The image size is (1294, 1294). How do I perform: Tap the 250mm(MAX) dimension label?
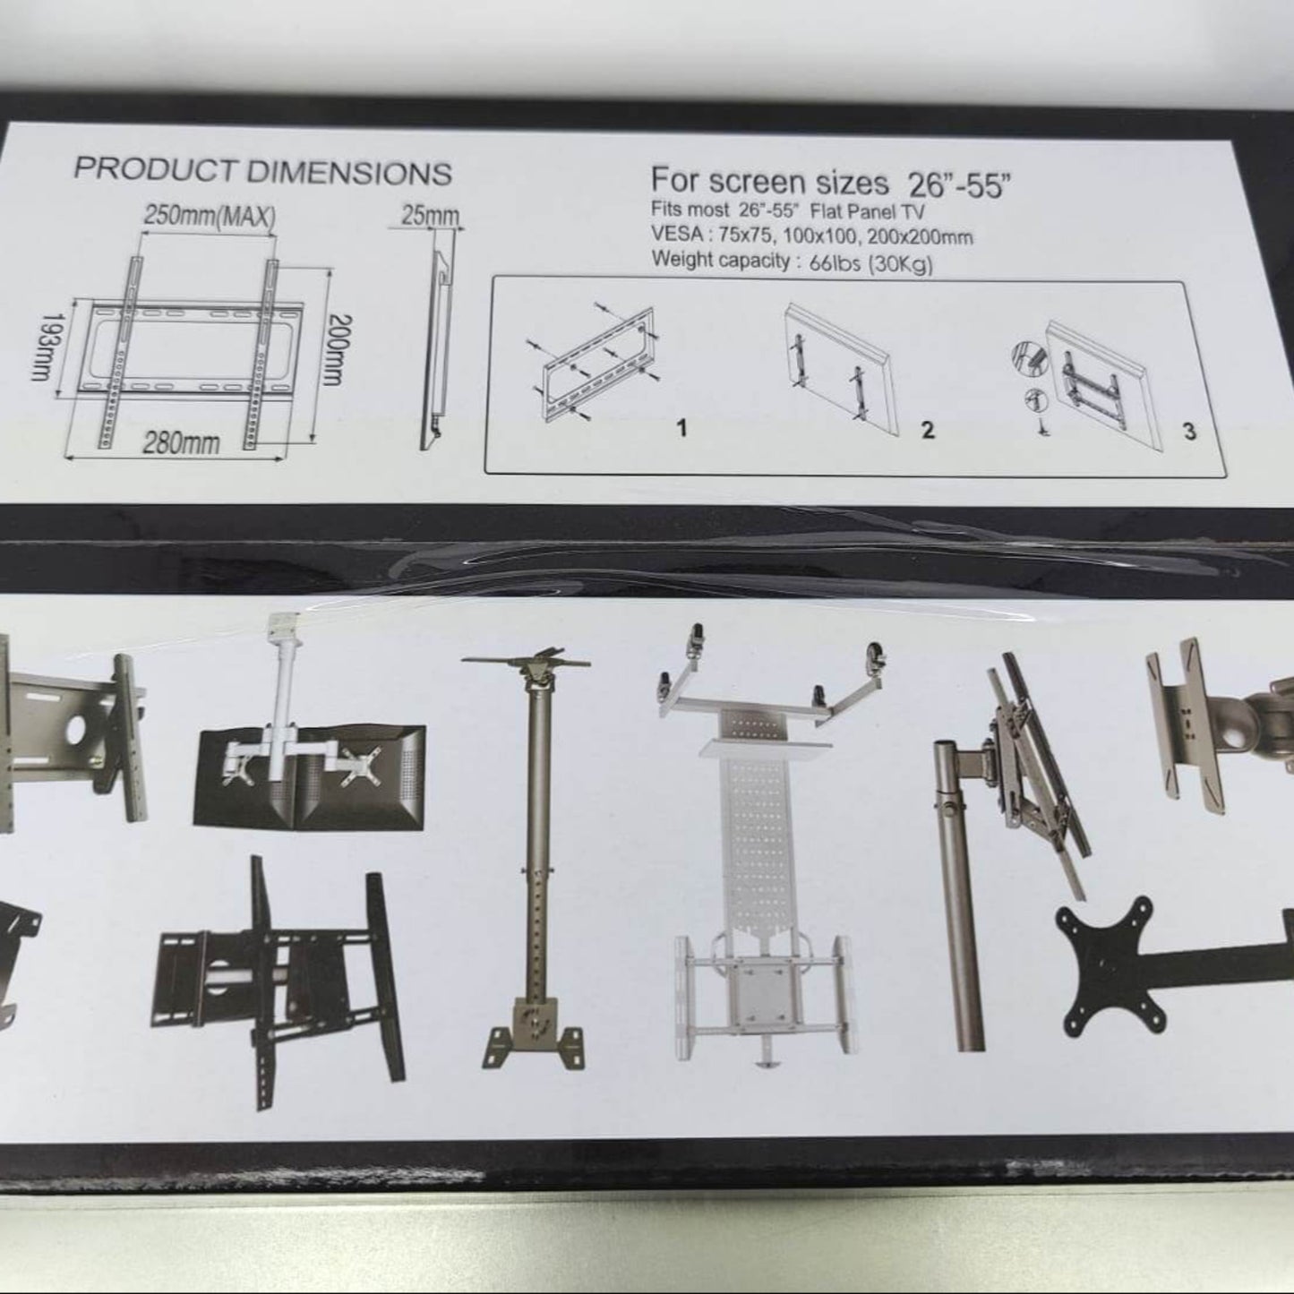point(210,216)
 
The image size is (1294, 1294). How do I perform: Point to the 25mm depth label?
point(431,216)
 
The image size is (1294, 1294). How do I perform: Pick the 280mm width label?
point(181,443)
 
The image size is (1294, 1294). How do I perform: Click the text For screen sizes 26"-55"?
point(831,183)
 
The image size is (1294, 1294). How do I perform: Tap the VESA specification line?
point(812,236)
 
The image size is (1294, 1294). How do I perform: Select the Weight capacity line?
point(793,261)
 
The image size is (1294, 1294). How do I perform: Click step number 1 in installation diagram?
point(682,428)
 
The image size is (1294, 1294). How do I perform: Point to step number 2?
point(928,430)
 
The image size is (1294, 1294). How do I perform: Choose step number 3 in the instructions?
point(1190,432)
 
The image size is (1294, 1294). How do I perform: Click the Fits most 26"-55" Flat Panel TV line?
point(787,210)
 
